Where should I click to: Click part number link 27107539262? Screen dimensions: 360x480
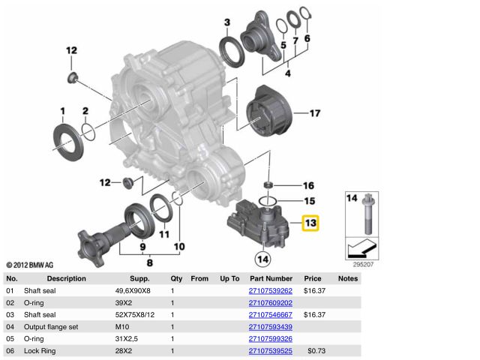pyautogui.click(x=270, y=290)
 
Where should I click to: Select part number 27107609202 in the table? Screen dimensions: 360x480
pyautogui.click(x=270, y=303)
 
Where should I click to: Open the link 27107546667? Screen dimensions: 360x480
pyautogui.click(x=270, y=315)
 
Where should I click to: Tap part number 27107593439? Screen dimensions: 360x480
pyautogui.click(x=270, y=327)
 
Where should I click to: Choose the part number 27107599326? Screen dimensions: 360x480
pyautogui.click(x=270, y=339)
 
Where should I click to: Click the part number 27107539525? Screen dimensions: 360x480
pyautogui.click(x=270, y=351)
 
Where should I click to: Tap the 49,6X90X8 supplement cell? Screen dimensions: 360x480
pyautogui.click(x=132, y=290)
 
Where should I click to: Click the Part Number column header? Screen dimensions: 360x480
pyautogui.click(x=270, y=277)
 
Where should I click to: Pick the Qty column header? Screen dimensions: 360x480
pyautogui.click(x=176, y=277)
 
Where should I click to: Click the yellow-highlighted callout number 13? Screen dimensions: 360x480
pyautogui.click(x=310, y=223)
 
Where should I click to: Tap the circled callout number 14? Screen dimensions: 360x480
pyautogui.click(x=262, y=259)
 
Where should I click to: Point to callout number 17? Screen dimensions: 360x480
pyautogui.click(x=314, y=113)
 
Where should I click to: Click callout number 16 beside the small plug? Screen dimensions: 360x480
pyautogui.click(x=308, y=185)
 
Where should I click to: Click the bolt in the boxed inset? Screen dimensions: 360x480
pyautogui.click(x=366, y=218)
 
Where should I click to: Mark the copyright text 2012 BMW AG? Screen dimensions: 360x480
pyautogui.click(x=30, y=265)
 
